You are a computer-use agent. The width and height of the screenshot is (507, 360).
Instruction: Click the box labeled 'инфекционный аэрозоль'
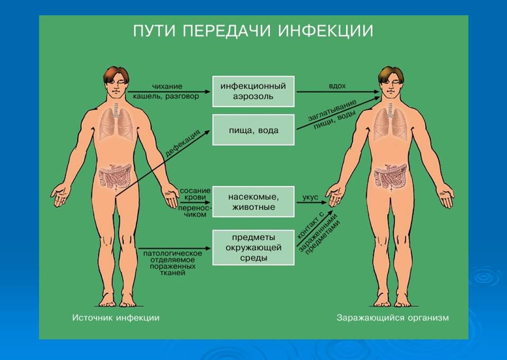click(253, 91)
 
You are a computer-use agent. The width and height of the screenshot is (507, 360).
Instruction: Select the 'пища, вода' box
click(253, 130)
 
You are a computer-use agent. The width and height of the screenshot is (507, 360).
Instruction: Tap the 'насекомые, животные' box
click(253, 202)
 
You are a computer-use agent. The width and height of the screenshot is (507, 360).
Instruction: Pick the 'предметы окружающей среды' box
click(253, 247)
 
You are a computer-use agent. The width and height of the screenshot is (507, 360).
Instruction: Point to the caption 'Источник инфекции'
click(116, 318)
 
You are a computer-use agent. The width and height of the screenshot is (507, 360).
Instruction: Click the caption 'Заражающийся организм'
click(392, 318)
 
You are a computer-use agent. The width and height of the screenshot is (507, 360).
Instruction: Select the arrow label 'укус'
click(310, 197)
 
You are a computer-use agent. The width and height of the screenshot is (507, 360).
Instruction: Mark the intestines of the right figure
click(390, 176)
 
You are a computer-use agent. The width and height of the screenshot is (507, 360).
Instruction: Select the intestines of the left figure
click(116, 176)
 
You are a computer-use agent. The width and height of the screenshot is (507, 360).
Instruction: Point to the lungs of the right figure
click(390, 124)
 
